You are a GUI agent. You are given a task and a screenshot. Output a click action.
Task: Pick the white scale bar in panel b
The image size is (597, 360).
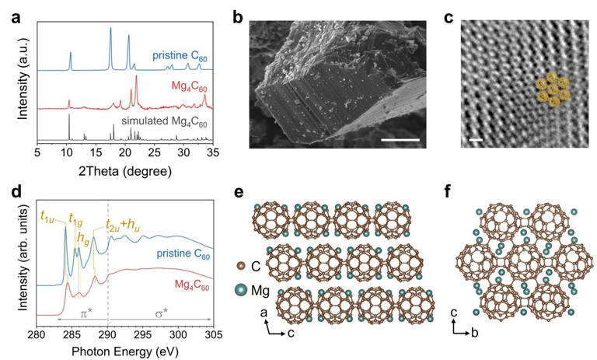point(401,141)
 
